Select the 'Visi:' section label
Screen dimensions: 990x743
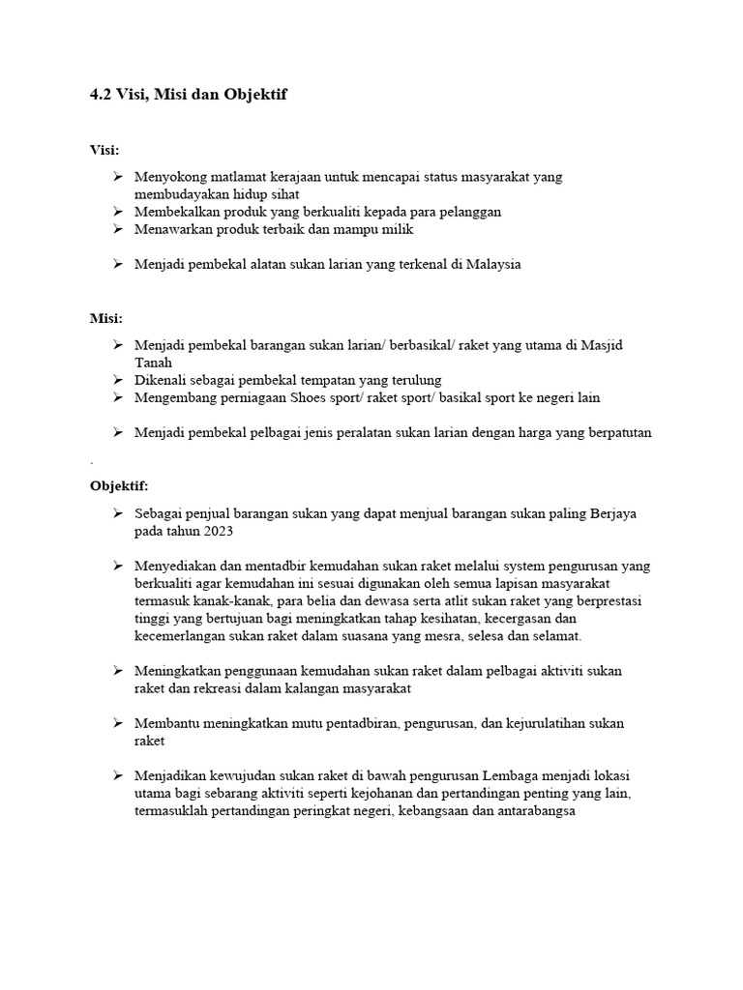tap(104, 150)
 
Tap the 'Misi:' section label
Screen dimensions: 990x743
tap(105, 318)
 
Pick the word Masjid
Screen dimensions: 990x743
tap(632, 344)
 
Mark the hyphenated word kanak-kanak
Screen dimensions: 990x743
tap(215, 600)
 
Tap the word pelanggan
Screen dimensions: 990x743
tap(469, 211)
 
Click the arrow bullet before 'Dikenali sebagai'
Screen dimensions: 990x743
tap(117, 380)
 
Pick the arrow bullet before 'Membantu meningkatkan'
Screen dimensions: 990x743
tap(117, 723)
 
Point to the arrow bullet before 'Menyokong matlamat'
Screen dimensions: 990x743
tap(117, 176)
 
